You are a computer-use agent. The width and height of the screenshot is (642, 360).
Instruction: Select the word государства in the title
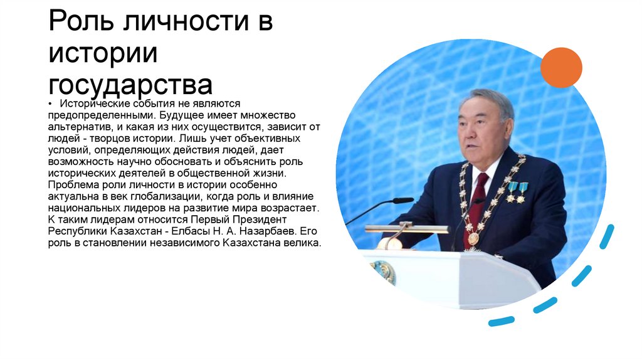pyautogui.click(x=131, y=85)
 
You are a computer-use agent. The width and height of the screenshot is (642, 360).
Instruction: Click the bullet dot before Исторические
pyautogui.click(x=50, y=103)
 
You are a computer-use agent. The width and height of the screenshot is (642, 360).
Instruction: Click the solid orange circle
pyautogui.click(x=561, y=67)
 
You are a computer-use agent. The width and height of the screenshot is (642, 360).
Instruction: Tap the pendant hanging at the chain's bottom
pyautogui.click(x=473, y=238)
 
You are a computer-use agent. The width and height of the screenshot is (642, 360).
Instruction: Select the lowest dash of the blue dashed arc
pyautogui.click(x=501, y=321)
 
